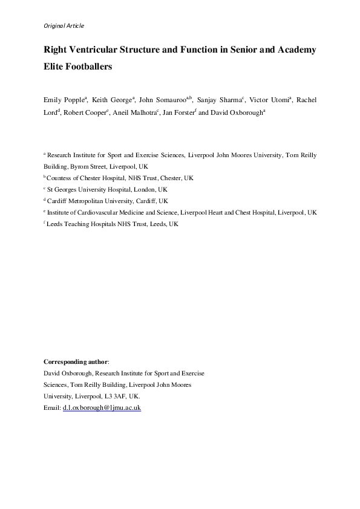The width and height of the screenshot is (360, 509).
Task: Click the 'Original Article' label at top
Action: click(x=64, y=25)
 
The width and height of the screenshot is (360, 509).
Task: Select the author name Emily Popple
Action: click(x=64, y=100)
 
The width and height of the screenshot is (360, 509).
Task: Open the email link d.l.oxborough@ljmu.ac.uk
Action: click(x=102, y=408)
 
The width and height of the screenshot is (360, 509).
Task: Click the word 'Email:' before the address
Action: click(x=52, y=408)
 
